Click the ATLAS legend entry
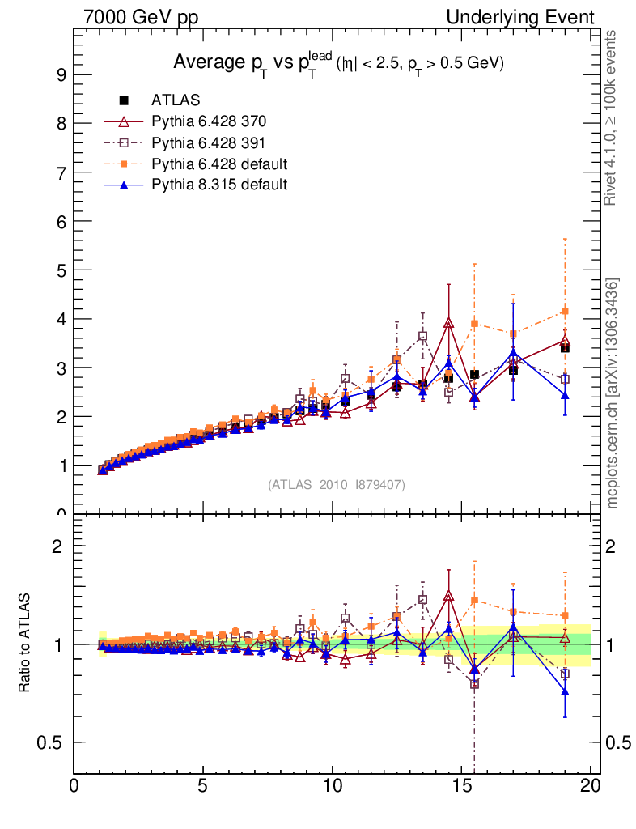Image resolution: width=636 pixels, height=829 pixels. [x=175, y=100]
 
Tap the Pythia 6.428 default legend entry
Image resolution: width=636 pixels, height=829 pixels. [x=218, y=164]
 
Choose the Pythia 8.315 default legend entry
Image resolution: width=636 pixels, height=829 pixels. [x=218, y=185]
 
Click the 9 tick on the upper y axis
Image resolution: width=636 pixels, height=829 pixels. [x=60, y=75]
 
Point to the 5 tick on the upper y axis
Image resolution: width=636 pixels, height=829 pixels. [x=60, y=270]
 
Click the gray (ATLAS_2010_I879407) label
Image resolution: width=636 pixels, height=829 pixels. [x=337, y=485]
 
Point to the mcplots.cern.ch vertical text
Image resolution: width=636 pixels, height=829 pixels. [x=613, y=393]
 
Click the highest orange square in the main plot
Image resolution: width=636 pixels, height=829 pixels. [x=565, y=311]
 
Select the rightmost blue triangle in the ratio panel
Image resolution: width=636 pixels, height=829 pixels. [x=565, y=691]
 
